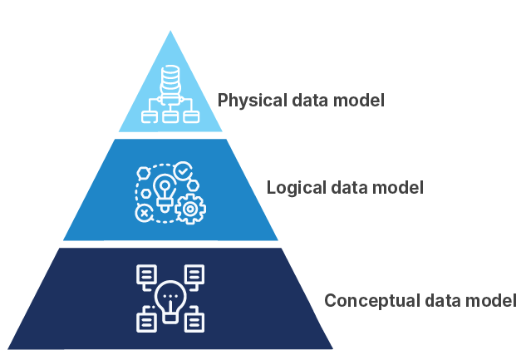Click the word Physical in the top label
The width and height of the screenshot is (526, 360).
[x=247, y=101]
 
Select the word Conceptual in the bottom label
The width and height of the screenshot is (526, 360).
[x=362, y=300]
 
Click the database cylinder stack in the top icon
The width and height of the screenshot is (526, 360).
[x=170, y=81]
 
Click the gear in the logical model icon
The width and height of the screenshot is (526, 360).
[x=190, y=208]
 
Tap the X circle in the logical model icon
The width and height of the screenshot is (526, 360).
[x=145, y=214]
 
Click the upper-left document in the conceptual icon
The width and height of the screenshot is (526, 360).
[x=146, y=274]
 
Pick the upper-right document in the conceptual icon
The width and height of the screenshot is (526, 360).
[x=194, y=274]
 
